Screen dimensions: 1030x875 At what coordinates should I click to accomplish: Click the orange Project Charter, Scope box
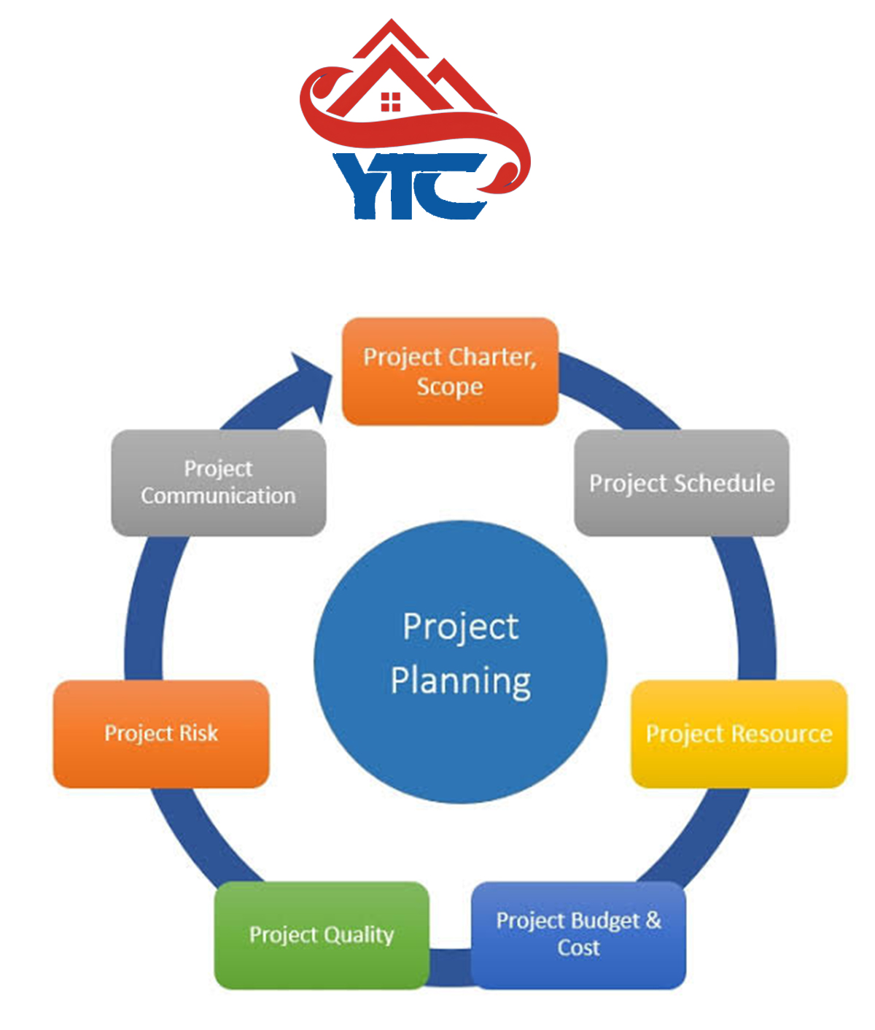(x=450, y=371)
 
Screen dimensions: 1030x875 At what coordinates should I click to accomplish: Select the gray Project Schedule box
(x=682, y=483)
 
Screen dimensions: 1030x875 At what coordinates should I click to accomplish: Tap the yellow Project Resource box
(x=739, y=734)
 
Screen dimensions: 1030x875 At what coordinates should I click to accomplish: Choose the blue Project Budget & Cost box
(x=578, y=934)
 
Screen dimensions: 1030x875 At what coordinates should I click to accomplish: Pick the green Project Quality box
(x=322, y=934)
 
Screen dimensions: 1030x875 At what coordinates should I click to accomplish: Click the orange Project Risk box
(x=161, y=734)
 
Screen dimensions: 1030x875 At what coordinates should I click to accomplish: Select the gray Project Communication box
(x=218, y=483)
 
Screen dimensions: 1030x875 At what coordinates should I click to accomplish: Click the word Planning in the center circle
(x=461, y=681)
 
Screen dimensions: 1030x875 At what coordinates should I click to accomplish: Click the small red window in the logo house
(x=391, y=101)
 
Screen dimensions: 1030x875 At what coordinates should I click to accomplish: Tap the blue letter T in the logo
(x=405, y=186)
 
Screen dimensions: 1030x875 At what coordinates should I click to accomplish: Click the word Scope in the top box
(x=450, y=387)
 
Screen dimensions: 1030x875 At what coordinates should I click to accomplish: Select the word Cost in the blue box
(x=578, y=948)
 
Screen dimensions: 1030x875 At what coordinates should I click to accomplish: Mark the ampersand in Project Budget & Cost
(x=653, y=920)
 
